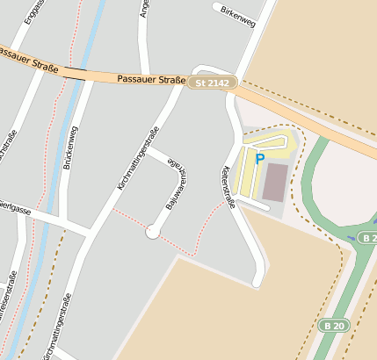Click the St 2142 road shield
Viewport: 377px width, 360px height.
pyautogui.click(x=212, y=83)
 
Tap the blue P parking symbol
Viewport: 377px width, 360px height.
pyautogui.click(x=259, y=158)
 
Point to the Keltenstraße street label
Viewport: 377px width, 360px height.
pyautogui.click(x=229, y=187)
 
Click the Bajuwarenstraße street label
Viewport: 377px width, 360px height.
pyautogui.click(x=176, y=185)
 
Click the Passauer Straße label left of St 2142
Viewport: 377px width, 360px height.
pyautogui.click(x=150, y=80)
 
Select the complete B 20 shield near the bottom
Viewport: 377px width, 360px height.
pyautogui.click(x=333, y=325)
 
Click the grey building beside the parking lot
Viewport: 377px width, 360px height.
pyautogui.click(x=276, y=181)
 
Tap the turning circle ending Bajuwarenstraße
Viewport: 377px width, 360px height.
pyautogui.click(x=153, y=232)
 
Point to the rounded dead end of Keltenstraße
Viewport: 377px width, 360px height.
pyautogui.click(x=257, y=282)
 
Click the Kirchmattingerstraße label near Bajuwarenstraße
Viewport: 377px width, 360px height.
pyautogui.click(x=137, y=158)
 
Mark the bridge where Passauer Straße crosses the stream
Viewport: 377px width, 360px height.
pyautogui.click(x=76, y=74)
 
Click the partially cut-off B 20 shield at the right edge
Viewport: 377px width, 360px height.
pyautogui.click(x=368, y=237)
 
